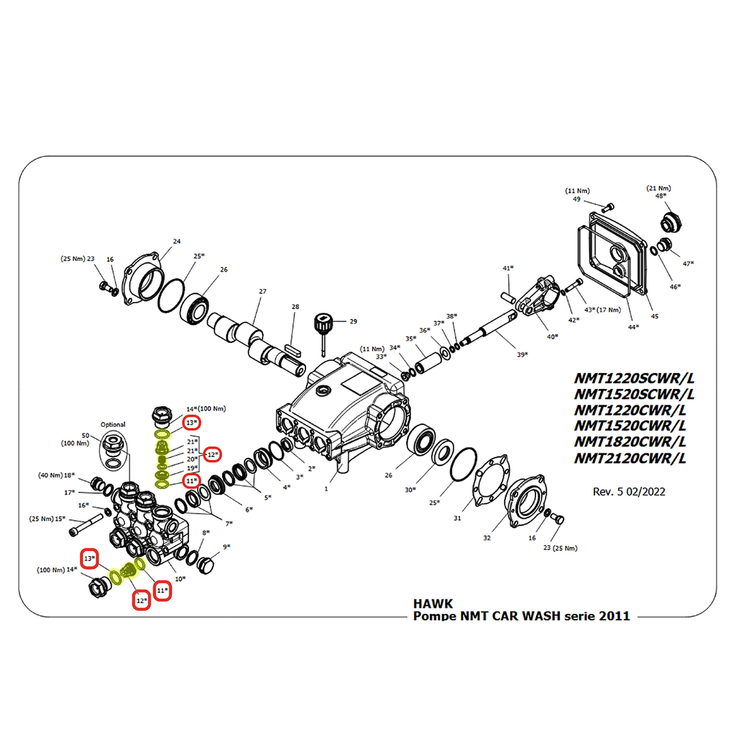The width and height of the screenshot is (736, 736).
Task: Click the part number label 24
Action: point(176,241)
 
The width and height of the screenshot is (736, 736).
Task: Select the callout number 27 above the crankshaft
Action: point(262,291)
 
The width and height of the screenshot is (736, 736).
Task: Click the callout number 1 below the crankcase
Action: point(326,489)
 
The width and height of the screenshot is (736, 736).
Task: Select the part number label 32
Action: point(487,537)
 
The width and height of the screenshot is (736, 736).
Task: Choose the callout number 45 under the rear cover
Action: point(654,316)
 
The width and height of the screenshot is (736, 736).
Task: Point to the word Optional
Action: point(113,424)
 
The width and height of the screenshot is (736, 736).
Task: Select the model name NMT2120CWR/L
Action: point(630,459)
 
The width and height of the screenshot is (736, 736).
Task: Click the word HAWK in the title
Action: point(433,604)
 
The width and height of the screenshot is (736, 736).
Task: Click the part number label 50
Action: point(86,436)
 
